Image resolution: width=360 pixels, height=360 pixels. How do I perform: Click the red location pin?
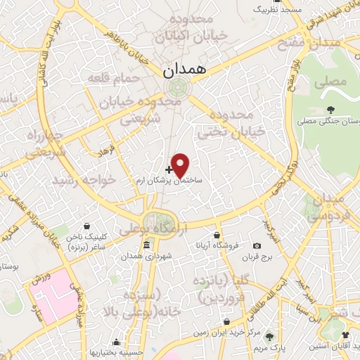[180, 165]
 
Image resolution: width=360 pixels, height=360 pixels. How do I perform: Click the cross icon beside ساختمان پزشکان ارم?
[169, 169]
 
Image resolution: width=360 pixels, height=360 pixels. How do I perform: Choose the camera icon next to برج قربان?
[257, 245]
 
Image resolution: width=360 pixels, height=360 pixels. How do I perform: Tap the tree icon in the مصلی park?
[329, 110]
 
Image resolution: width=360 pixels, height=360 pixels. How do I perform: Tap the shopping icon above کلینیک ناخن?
[86, 227]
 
